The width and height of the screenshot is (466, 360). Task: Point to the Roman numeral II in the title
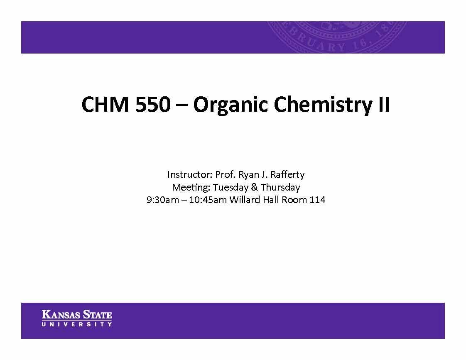(383, 105)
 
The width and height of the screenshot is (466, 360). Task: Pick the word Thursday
(280, 187)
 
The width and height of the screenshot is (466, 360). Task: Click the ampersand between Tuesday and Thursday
(254, 187)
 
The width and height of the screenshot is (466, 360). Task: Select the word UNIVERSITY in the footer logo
(77, 324)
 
